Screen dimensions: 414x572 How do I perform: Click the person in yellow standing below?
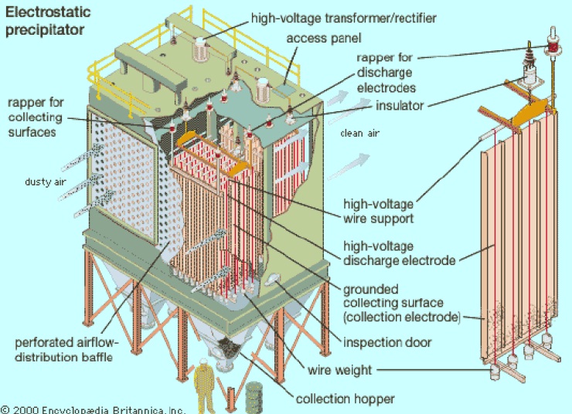click(x=205, y=385)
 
